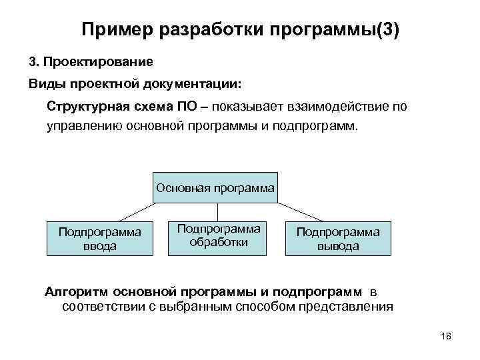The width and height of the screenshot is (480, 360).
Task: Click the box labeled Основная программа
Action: coord(215,188)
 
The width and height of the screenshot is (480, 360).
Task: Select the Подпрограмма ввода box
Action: coord(99,239)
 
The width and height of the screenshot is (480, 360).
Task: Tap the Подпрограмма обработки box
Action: coord(218,235)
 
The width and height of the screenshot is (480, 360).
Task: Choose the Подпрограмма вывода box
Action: coord(338,239)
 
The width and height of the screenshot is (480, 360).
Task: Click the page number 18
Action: coord(446,335)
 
